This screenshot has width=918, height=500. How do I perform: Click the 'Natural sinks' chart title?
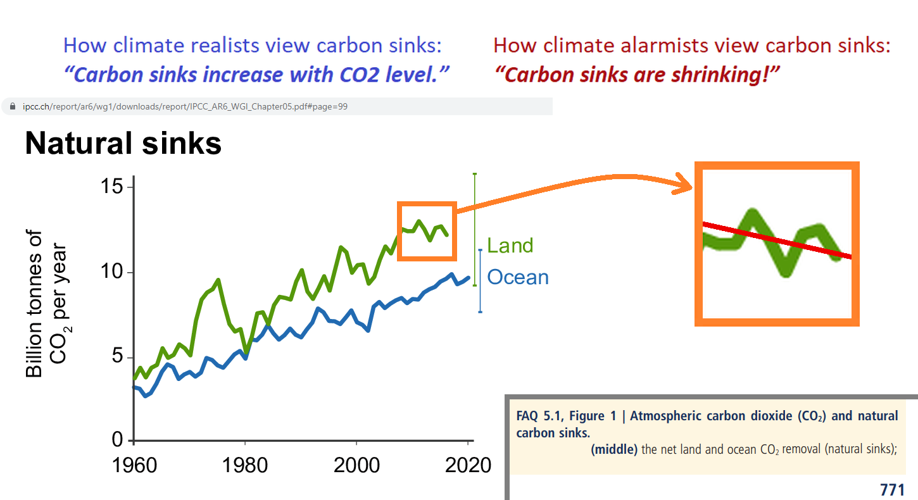[123, 144]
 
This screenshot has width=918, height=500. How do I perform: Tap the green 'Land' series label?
[510, 246]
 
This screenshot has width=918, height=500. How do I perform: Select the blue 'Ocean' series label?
[518, 277]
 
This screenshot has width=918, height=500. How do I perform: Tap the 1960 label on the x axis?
[135, 465]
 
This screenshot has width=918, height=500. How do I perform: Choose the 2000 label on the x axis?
[357, 465]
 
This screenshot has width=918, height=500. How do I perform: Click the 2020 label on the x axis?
[468, 465]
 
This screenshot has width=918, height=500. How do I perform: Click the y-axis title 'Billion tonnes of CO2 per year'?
[46, 304]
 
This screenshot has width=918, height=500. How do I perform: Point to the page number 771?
[892, 489]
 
